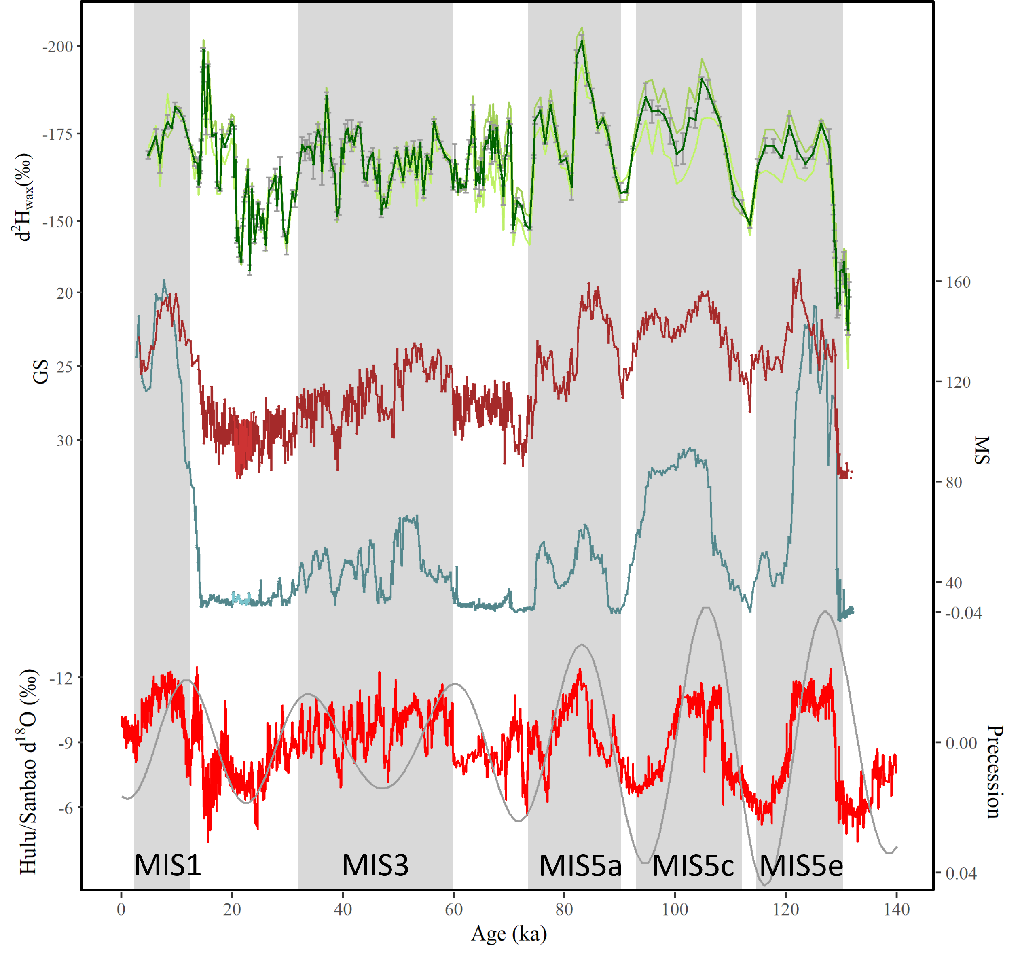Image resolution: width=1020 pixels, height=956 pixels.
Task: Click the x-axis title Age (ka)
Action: pos(509,933)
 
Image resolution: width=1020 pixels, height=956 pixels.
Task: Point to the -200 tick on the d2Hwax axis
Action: pos(57,46)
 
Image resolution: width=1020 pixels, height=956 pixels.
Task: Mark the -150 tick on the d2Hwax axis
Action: pos(57,222)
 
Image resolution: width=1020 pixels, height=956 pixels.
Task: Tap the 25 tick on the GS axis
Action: pos(65,367)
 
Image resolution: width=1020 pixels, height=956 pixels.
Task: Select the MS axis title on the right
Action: pos(981,450)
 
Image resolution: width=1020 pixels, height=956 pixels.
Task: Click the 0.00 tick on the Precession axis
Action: pos(961,743)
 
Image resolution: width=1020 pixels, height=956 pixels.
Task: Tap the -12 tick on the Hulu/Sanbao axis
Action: pos(61,678)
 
